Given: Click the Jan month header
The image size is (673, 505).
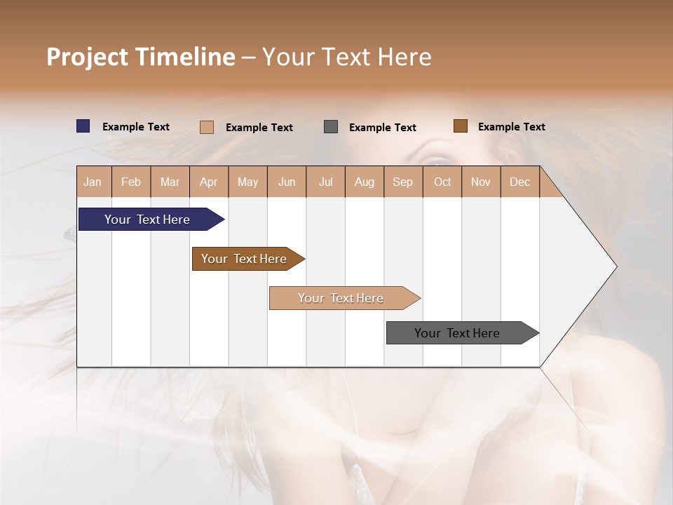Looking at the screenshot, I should click(93, 182).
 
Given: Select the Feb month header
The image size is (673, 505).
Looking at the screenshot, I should click(131, 182).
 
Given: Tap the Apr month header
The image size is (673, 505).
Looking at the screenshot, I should click(208, 182).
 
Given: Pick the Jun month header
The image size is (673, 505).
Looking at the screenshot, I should click(287, 182).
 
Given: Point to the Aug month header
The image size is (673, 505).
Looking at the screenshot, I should click(364, 182).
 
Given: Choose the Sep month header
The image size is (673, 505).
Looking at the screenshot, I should click(402, 182).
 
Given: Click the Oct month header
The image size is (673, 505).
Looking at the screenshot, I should click(442, 182).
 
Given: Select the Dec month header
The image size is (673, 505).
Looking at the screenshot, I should click(519, 182).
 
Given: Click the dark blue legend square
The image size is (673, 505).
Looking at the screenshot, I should click(83, 126).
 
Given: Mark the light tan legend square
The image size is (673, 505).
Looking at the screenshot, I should click(207, 127).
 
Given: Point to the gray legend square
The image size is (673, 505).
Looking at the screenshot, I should click(331, 127).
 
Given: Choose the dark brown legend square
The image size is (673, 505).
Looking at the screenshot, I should click(460, 126).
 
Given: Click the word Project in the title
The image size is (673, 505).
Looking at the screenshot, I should click(88, 57).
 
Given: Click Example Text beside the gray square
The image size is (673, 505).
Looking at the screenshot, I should click(383, 128).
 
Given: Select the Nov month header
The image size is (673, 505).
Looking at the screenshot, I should click(481, 182).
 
